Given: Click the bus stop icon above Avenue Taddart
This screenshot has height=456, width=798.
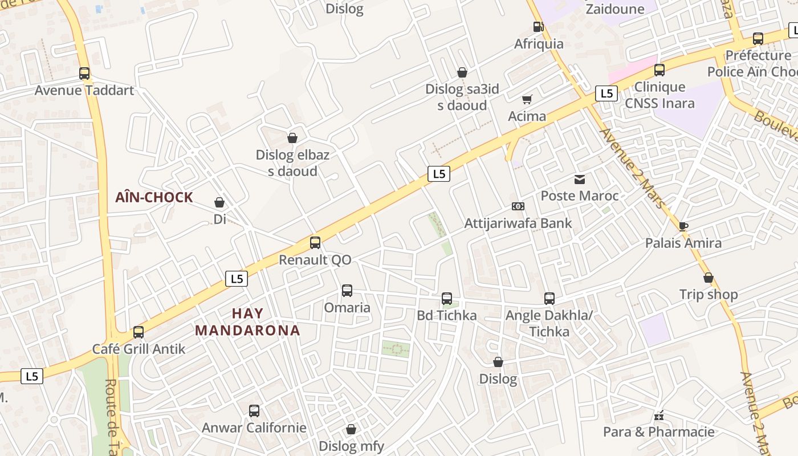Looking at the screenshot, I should click(x=84, y=74).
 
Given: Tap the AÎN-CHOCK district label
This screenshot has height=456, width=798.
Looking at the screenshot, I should click(x=154, y=198).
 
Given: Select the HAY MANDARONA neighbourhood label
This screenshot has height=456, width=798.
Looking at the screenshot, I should click(x=247, y=322).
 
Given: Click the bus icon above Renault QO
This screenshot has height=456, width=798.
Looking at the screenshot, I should click(x=315, y=243).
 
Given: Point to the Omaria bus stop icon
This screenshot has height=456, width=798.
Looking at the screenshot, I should click(x=347, y=291).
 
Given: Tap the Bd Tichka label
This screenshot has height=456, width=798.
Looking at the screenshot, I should click(x=447, y=315).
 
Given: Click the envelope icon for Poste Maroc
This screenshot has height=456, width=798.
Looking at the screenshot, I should click(x=580, y=180).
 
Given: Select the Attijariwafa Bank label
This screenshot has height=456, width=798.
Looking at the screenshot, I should click(x=518, y=223).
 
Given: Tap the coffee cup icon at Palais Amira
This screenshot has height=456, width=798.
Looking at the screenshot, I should click(x=683, y=226).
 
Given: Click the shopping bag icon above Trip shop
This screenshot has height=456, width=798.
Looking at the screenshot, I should click(x=709, y=278).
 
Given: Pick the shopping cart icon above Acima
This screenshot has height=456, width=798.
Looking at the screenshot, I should click(x=527, y=99).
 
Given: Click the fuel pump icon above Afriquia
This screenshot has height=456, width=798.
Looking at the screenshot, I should click(x=538, y=27).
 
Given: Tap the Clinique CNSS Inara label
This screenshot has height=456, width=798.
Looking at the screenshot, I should click(x=659, y=95).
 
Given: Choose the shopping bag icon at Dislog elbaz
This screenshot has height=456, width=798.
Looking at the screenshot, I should click(x=292, y=138).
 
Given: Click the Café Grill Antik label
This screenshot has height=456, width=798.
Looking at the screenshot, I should click(x=139, y=349).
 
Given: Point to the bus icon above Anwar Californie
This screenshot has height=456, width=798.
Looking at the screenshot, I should click(x=254, y=410).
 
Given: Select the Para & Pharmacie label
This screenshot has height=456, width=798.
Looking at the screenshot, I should click(x=659, y=431).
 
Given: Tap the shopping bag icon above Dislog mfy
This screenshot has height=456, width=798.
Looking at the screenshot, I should click(x=351, y=429).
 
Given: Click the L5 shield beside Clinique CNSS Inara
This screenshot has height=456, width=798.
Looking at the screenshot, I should click(x=606, y=93).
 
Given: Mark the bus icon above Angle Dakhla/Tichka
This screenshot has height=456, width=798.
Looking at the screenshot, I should click(x=549, y=298).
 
